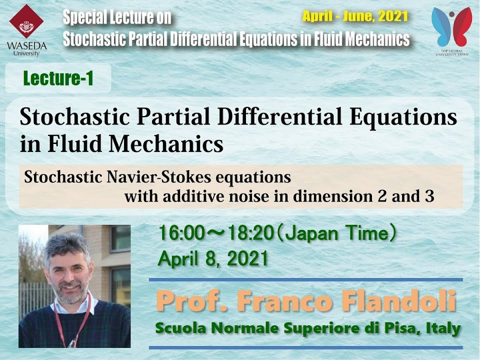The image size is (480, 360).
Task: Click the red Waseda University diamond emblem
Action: tap(26, 21)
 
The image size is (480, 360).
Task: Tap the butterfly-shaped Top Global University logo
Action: tap(452, 27)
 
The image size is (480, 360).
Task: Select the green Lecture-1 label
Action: tap(58, 78)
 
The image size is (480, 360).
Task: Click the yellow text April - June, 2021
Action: tap(355, 16)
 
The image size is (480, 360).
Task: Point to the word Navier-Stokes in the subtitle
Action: tap(158, 177)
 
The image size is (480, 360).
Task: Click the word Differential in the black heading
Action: tap(279, 117)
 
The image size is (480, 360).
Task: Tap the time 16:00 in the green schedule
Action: tap(181, 233)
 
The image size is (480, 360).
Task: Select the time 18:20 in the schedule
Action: tap(250, 233)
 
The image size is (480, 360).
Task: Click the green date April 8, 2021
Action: tap(213, 258)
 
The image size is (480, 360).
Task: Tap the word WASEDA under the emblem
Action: tap(26, 46)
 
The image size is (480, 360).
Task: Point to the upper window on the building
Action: tap(120, 238)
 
